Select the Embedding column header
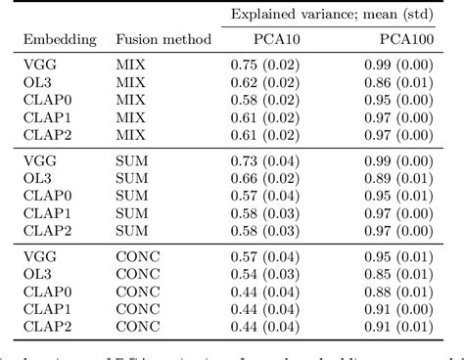click(x=60, y=40)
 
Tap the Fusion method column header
click(x=163, y=40)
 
